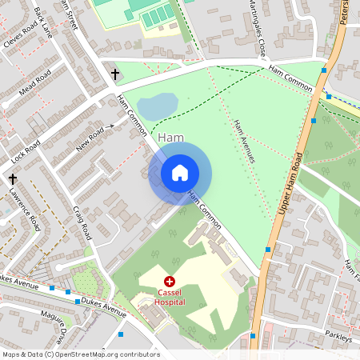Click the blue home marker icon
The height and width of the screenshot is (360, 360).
tap(180, 173)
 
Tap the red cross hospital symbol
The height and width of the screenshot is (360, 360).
tap(170, 282)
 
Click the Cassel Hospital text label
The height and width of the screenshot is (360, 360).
tap(170, 297)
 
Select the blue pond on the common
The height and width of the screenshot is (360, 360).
tap(158, 106)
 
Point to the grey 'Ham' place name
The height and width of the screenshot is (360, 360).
tap(171, 138)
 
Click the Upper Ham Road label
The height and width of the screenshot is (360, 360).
tap(292, 185)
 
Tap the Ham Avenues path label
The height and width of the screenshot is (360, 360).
tap(244, 142)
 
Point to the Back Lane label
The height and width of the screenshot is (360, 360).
tap(44, 22)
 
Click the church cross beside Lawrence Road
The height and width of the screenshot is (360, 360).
tap(13, 179)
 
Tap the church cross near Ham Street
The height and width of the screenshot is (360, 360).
tap(114, 74)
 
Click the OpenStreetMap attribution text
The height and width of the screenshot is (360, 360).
tap(81, 354)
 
